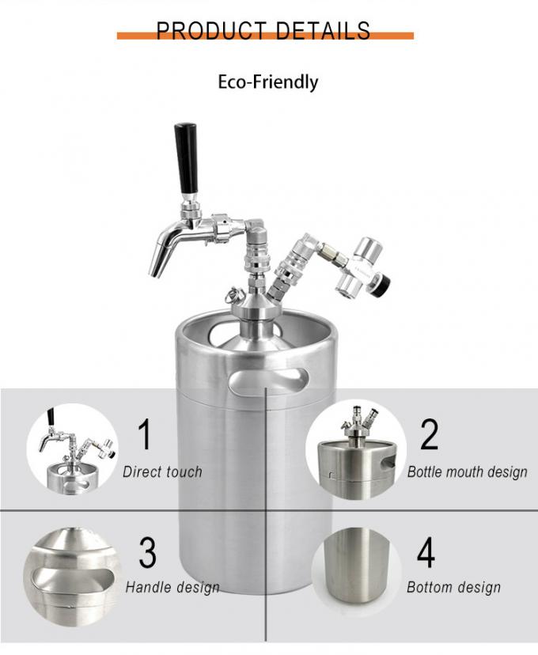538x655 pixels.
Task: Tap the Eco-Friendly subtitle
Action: coord(268,81)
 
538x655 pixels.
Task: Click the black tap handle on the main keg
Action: coord(187,158)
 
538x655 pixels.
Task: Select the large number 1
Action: coord(145,435)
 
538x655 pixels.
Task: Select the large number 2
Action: coord(429,434)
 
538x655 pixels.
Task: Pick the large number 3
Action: coord(147,553)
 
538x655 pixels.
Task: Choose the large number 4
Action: coord(426,553)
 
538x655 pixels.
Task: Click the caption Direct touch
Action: coord(162,472)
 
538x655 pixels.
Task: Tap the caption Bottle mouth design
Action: coord(467,472)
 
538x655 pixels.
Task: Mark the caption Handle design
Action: coord(172,587)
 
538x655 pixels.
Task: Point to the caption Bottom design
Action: coord(453,587)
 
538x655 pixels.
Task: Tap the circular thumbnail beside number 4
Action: coord(356,570)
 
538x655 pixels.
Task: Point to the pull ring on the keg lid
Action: coord(233,296)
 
